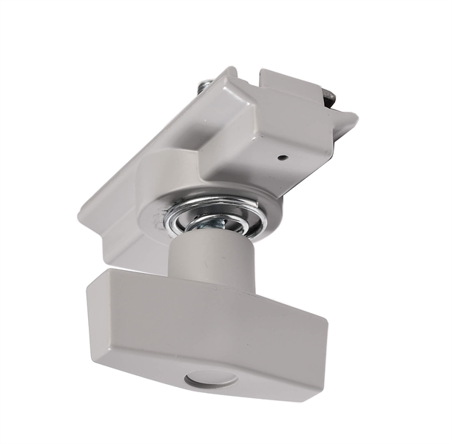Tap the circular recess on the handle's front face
pyautogui.click(x=211, y=378)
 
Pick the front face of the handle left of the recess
pyautogui.click(x=141, y=348)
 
